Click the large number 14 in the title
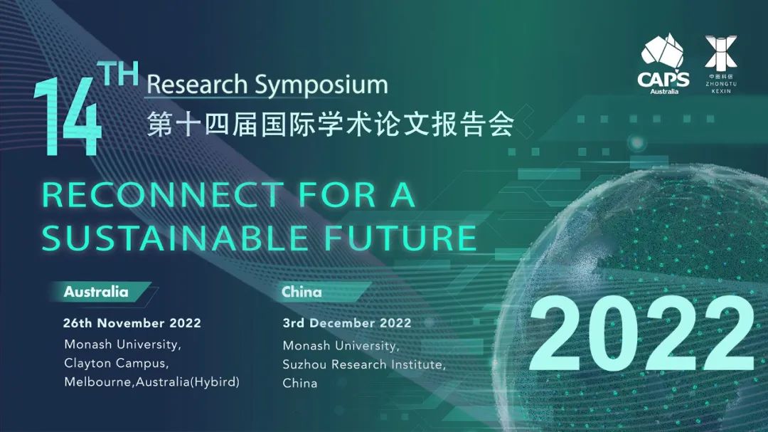68,117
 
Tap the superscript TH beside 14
120,74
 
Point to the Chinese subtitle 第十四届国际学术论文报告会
330,124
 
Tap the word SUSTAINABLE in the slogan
174,238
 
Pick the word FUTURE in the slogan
400,238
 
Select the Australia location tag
96,292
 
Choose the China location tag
302,292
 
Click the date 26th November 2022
132,323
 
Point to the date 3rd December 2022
347,323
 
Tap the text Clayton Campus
117,364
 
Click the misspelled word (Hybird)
215,382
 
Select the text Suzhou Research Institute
364,365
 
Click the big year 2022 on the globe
642,334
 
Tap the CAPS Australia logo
663,64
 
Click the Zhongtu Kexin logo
721,64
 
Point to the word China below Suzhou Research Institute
300,384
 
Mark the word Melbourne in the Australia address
98,382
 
